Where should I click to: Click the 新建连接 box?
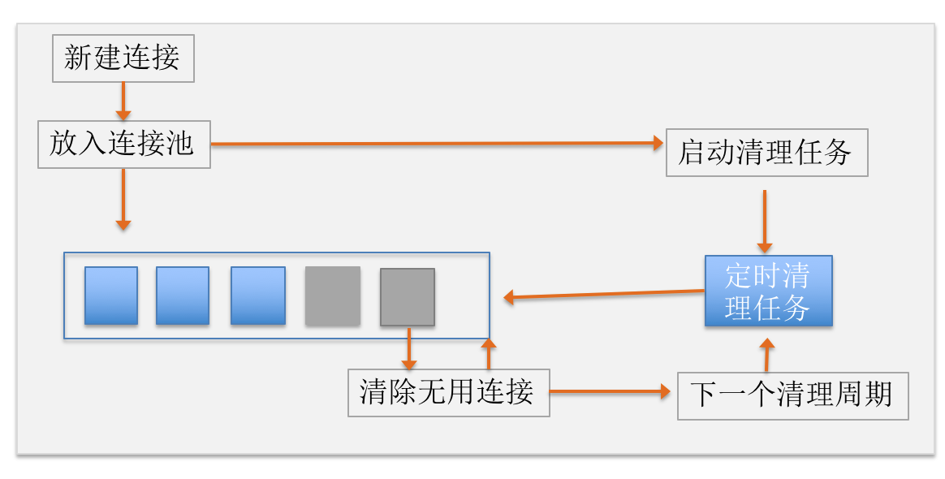(123, 58)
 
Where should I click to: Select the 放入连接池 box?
(123, 145)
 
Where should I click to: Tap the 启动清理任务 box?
(766, 152)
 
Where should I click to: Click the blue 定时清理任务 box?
(768, 291)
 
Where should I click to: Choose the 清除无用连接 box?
(448, 393)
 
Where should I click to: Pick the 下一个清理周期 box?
(792, 395)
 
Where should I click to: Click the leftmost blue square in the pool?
(111, 296)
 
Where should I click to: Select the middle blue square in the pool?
(183, 296)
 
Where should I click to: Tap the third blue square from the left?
(258, 296)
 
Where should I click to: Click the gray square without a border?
(333, 296)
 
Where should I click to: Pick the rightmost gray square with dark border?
(408, 297)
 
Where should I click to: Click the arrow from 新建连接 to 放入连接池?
(123, 101)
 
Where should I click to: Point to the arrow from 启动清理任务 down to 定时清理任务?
(764, 221)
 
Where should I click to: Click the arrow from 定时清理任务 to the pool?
(604, 294)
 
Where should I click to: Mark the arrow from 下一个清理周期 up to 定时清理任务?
(767, 355)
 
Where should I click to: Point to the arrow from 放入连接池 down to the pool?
(123, 199)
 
